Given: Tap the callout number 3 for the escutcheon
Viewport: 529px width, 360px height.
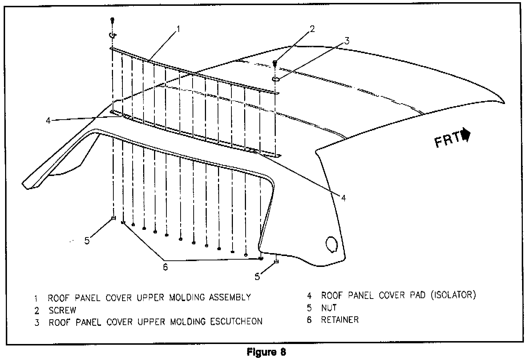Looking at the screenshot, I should pyautogui.click(x=347, y=41).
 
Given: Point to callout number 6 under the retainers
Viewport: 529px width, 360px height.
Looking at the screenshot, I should pyautogui.click(x=165, y=267).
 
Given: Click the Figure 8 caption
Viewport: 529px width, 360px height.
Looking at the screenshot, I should pyautogui.click(x=266, y=352).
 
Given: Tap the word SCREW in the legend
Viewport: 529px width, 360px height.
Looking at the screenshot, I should pyautogui.click(x=62, y=311).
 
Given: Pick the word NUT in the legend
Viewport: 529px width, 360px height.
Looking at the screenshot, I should pyautogui.click(x=329, y=308).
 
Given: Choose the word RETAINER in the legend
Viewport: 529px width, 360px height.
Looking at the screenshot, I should pyautogui.click(x=340, y=320).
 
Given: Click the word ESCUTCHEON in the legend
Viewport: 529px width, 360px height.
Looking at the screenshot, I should pyautogui.click(x=237, y=322).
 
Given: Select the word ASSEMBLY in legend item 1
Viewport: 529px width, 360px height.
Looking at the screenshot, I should pyautogui.click(x=230, y=297).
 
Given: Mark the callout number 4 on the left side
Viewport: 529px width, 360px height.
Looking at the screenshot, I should pyautogui.click(x=49, y=120).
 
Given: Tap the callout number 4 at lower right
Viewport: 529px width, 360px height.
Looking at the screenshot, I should pyautogui.click(x=343, y=197).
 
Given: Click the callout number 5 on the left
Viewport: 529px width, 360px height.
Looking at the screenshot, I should pyautogui.click(x=87, y=240).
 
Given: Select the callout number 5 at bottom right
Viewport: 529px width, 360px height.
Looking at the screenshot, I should pyautogui.click(x=257, y=276).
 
